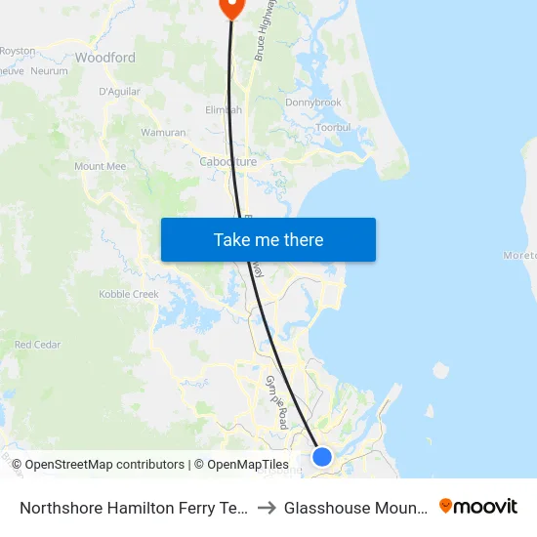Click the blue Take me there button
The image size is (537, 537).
268,240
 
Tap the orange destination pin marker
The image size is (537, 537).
231,7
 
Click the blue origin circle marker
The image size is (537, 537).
322,456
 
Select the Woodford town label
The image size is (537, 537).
104,59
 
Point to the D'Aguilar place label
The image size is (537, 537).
120,92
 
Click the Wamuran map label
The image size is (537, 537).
163,132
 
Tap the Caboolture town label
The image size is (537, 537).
227,162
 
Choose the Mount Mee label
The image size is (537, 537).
101,167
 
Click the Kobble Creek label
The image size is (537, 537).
129,295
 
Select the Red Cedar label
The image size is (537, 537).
37,345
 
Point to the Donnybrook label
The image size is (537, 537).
313,103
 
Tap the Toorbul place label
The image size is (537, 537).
333,128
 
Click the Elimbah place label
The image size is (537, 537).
224,110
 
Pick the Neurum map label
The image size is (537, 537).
49,71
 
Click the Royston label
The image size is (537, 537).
18,50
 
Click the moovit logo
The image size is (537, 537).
478,507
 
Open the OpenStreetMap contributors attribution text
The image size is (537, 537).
103,465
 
